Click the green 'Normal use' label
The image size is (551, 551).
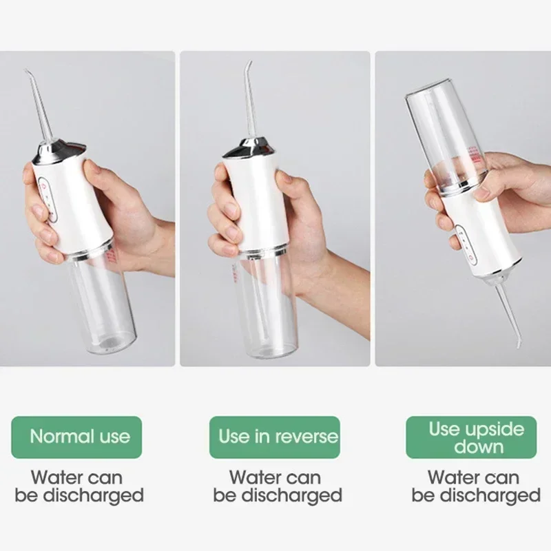click(x=80, y=437)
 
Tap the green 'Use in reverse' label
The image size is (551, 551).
click(x=278, y=437)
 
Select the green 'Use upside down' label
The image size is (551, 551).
click(x=476, y=437)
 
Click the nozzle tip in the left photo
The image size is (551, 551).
click(x=27, y=72)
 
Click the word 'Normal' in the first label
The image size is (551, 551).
click(x=56, y=437)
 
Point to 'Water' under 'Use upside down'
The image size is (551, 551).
click(x=452, y=477)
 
